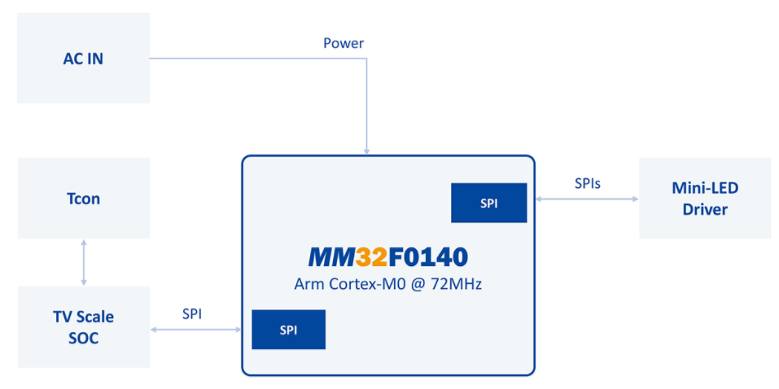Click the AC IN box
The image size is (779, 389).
coord(83,58)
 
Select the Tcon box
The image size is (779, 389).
coord(83,198)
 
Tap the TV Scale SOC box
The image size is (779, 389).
coord(83,326)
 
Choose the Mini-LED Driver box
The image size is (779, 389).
coord(704,198)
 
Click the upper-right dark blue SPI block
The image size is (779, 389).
coord(488,203)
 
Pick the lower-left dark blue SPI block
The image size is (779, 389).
coord(288,330)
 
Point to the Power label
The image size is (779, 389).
coord(344,43)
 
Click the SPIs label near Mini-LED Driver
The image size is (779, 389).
coord(587,184)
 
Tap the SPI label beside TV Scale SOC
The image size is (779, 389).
coord(191,313)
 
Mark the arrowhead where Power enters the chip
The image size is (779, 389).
coord(367,151)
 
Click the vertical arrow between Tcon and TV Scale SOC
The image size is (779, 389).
coord(83,262)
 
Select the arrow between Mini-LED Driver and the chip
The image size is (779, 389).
coord(582,199)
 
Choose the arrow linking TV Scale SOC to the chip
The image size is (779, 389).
coord(195,330)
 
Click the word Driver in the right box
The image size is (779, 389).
coord(704,210)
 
